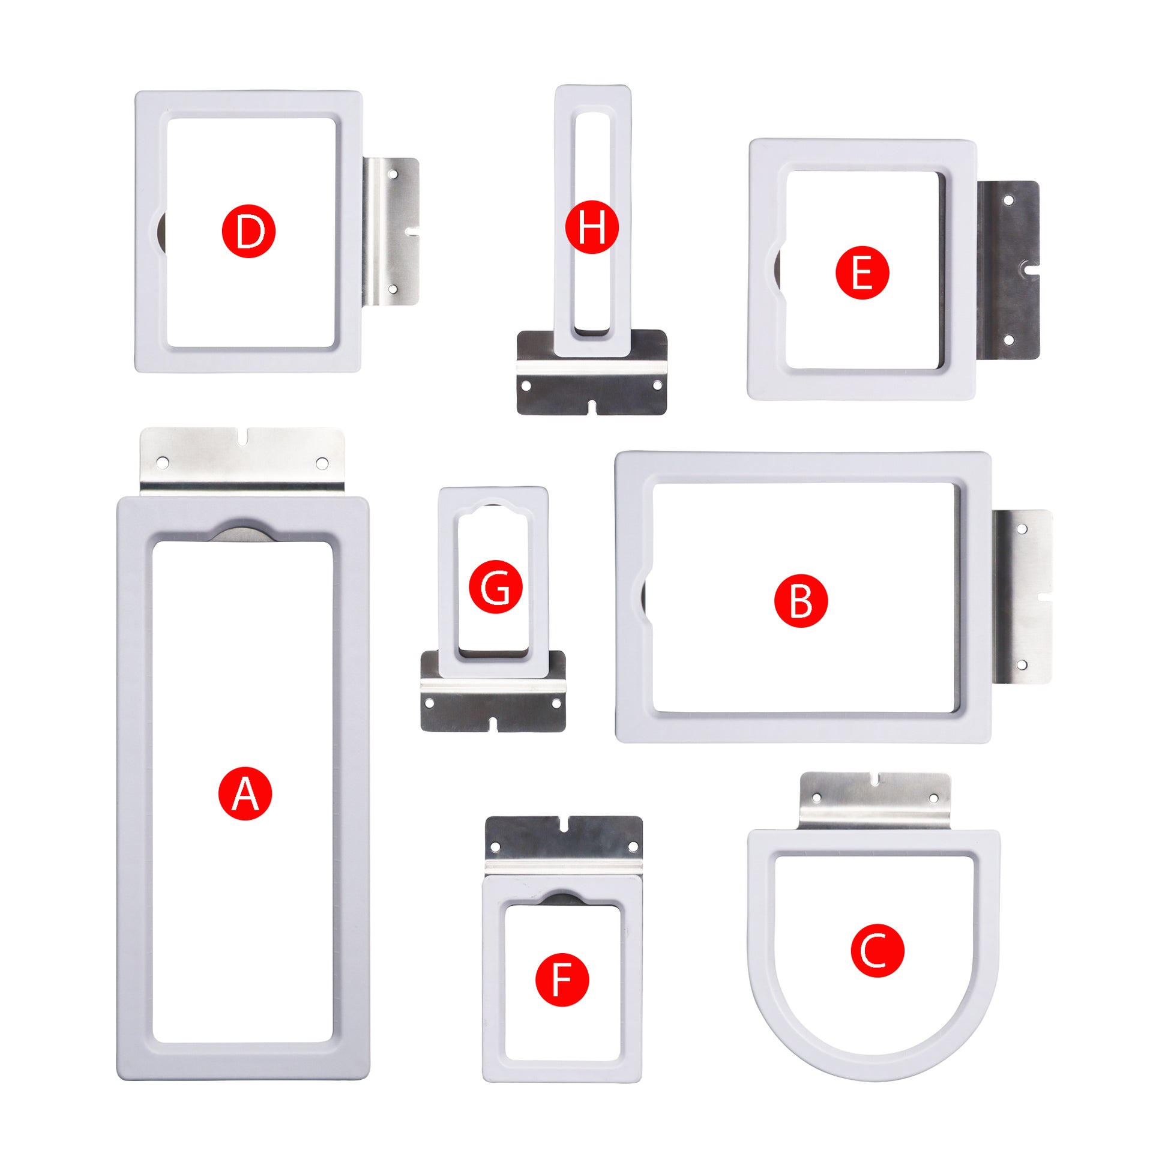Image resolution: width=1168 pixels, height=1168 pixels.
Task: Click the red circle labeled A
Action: click(245, 793)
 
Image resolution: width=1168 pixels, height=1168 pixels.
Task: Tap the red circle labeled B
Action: click(801, 601)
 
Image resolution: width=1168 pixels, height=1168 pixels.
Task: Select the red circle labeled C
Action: click(878, 950)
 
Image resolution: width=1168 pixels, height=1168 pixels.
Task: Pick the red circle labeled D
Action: click(248, 231)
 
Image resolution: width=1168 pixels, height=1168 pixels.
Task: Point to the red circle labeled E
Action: click(862, 272)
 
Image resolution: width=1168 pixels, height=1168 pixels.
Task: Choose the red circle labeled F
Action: click(562, 980)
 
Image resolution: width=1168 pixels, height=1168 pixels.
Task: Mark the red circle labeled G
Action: click(496, 587)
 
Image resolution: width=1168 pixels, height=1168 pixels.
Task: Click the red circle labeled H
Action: click(592, 227)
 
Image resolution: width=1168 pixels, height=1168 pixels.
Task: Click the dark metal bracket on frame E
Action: click(1008, 269)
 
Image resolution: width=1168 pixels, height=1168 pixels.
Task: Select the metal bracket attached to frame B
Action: click(1022, 597)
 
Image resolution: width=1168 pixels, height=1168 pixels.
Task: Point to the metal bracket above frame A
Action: click(242, 462)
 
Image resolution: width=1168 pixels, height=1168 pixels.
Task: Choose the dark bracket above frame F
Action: click(564, 846)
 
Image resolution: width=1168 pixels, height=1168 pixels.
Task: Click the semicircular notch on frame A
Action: click(243, 530)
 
